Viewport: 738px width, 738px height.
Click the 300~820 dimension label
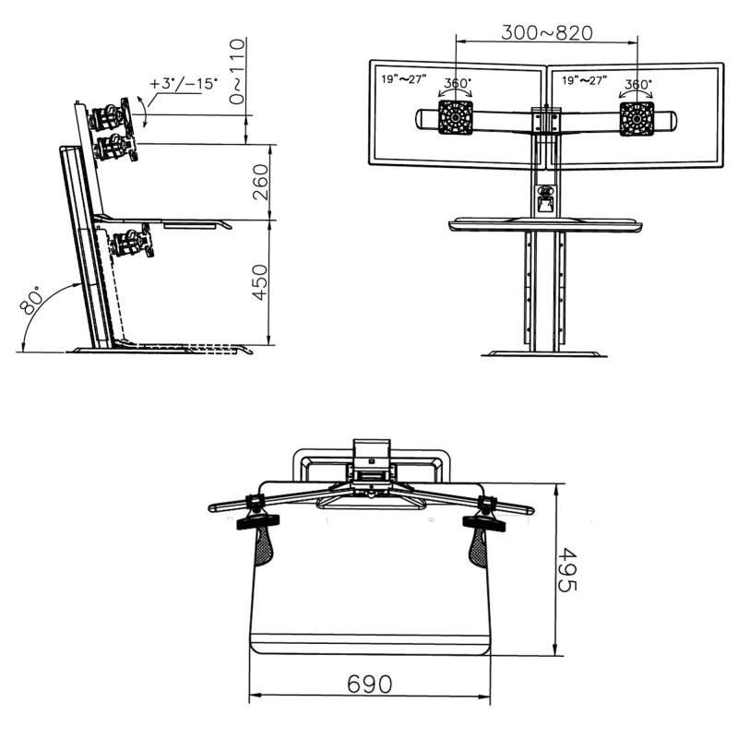[546, 32]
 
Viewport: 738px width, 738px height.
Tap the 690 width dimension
[370, 684]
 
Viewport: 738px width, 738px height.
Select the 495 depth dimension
[566, 569]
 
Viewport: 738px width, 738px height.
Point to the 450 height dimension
[260, 282]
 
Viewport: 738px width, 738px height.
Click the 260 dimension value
[260, 182]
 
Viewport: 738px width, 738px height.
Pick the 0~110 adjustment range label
[237, 72]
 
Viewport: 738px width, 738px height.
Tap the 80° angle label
[31, 300]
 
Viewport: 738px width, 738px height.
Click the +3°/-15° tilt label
[184, 84]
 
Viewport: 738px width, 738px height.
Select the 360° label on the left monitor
[458, 83]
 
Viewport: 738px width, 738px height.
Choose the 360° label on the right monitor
[637, 84]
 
